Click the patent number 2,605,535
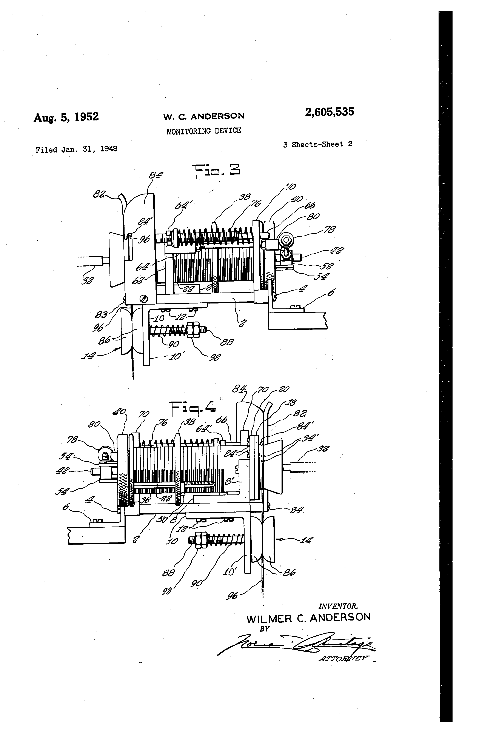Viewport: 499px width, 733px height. (x=329, y=112)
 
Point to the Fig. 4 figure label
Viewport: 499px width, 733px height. (x=193, y=408)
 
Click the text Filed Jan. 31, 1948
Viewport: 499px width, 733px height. (x=76, y=149)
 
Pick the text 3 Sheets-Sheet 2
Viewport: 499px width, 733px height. (x=318, y=145)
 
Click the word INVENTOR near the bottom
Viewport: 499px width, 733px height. (x=338, y=606)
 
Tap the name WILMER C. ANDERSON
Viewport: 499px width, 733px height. (x=308, y=618)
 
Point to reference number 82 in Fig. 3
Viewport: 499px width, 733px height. (x=99, y=194)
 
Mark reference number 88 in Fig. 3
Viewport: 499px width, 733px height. (x=227, y=342)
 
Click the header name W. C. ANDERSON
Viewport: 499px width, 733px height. (x=204, y=116)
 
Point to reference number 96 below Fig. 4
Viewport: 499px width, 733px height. (x=233, y=596)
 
